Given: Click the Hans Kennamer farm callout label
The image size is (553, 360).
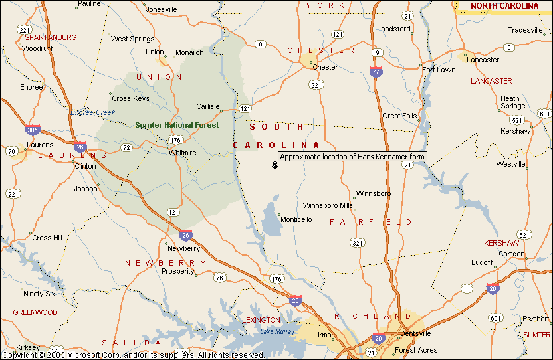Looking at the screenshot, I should click(x=352, y=157).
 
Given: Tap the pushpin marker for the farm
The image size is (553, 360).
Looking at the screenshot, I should click(x=275, y=165).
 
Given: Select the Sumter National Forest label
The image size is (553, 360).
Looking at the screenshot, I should click(x=177, y=125).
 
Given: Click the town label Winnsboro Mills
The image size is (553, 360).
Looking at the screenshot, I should click(x=328, y=205).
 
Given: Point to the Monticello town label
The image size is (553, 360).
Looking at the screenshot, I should click(x=296, y=219).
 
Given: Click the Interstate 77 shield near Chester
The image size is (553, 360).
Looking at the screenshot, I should click(x=376, y=72).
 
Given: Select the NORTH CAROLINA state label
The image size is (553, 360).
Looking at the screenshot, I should click(x=504, y=6).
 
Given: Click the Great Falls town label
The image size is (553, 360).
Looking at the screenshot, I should click(x=399, y=116).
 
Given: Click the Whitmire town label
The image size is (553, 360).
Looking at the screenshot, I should click(x=183, y=153).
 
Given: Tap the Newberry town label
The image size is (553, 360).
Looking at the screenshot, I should click(x=183, y=248).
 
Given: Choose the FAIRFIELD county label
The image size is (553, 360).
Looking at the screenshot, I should click(x=371, y=222).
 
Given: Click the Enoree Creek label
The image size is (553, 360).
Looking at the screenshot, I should click(x=92, y=112).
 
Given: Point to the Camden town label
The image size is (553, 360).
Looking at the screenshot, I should click(x=512, y=254).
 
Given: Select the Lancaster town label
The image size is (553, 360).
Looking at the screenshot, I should click(x=483, y=60).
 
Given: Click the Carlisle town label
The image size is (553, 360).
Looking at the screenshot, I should click(x=207, y=106).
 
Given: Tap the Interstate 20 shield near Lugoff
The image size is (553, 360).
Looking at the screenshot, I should click(x=493, y=288).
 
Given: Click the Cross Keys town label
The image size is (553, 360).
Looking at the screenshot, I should click(x=131, y=98).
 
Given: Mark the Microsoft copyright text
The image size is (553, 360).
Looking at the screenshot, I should click(x=133, y=355).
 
